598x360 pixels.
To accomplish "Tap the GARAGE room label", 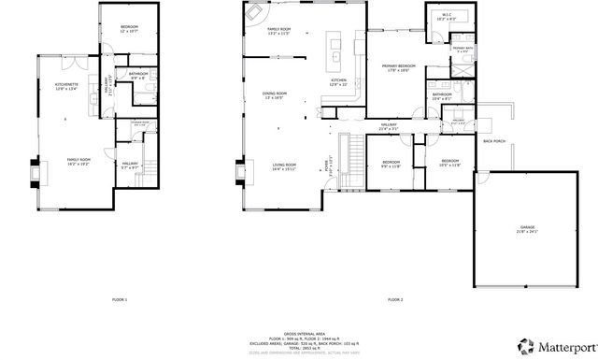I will pyautogui.click(x=514, y=228).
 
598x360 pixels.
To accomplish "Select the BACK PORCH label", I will pyautogui.click(x=493, y=141).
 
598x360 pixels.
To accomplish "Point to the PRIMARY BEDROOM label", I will pyautogui.click(x=400, y=67).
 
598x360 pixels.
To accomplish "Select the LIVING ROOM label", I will pyautogui.click(x=283, y=166).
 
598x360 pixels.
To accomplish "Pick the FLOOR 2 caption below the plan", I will pyautogui.click(x=394, y=299).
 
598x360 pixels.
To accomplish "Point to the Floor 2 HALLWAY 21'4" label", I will pyautogui.click(x=389, y=125).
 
